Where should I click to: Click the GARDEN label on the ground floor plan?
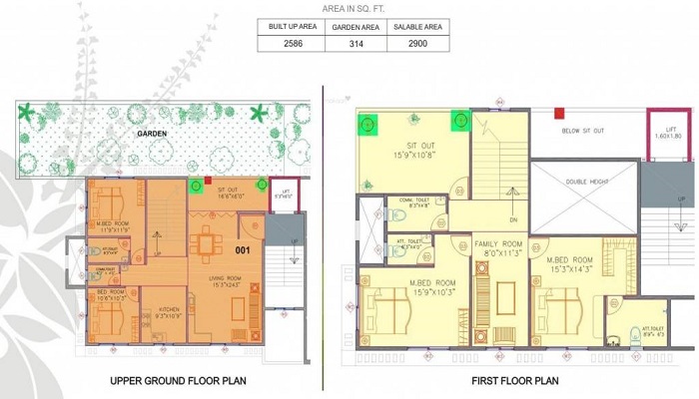pos(152,133)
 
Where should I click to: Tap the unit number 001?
pos(243,249)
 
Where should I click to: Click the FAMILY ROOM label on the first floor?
pos(499,244)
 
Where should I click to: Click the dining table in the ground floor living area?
pos(207,242)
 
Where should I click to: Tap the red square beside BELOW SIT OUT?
pos(559,114)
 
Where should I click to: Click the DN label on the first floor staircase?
pos(513,219)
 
